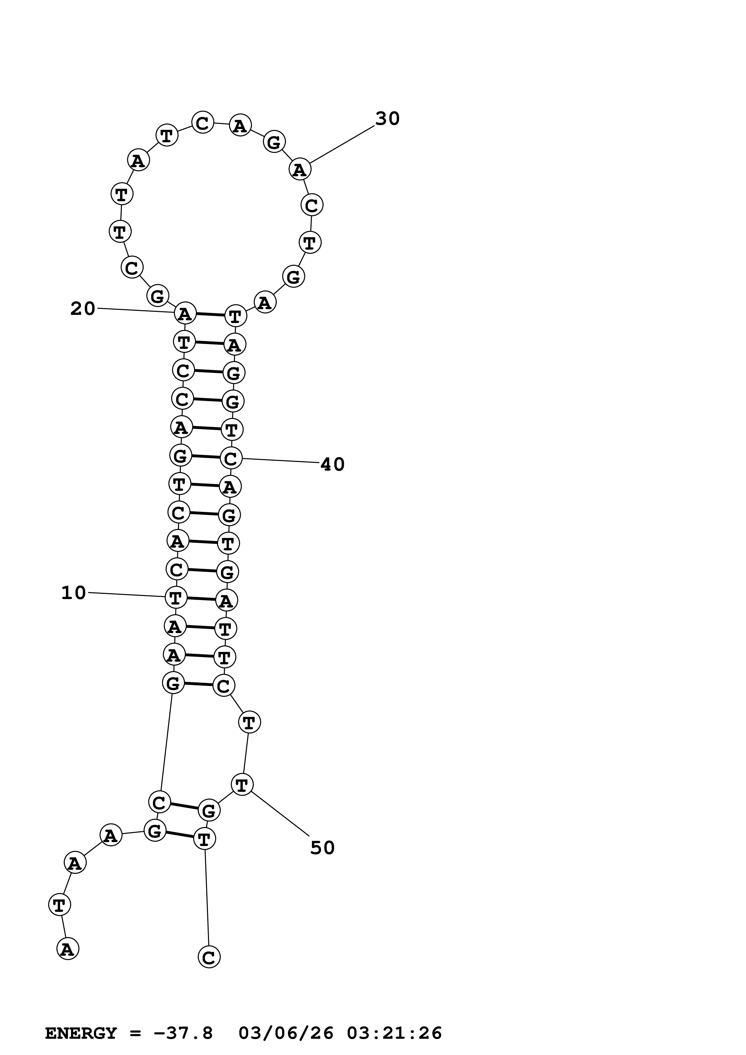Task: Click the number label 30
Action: point(388,118)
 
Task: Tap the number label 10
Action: point(73,593)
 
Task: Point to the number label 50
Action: point(322,848)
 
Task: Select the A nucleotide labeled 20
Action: point(185,314)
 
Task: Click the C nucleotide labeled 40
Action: point(231,458)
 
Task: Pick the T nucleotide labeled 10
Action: point(175,598)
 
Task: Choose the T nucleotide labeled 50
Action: point(242,784)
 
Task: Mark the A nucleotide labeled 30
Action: point(300,170)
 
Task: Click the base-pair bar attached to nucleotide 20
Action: point(210,315)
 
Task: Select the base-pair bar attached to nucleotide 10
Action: point(201,599)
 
